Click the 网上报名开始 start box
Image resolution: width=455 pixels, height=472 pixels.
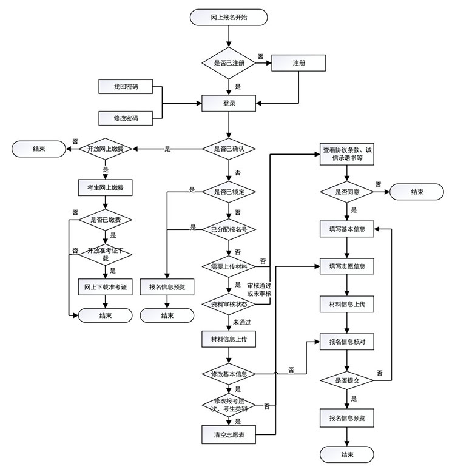229,17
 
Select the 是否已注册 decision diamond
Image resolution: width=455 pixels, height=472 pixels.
229,63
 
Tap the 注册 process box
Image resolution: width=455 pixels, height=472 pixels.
298,63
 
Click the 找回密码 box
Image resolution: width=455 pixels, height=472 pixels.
126,87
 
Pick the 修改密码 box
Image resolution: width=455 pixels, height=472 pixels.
126,118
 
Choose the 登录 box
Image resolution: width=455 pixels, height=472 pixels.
229,103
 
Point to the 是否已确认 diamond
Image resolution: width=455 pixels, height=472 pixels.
229,149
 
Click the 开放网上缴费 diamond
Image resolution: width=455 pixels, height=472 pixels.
106,149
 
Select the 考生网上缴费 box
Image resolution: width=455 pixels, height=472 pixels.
106,187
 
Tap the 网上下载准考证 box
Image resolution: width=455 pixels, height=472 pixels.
106,287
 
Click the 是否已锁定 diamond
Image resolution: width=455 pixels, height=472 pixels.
229,192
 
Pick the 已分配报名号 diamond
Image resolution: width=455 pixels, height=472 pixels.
229,229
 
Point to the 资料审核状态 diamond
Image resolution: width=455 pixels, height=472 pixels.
229,304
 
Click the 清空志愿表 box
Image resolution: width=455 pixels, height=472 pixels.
229,434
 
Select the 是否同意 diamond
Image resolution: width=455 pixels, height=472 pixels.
347,192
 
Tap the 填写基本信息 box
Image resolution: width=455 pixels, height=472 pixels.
347,229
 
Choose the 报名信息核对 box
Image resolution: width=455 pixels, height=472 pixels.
347,342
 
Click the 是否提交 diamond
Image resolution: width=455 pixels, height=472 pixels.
347,380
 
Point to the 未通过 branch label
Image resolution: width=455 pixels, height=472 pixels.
242,322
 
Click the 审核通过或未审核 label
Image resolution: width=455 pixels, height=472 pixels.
259,289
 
